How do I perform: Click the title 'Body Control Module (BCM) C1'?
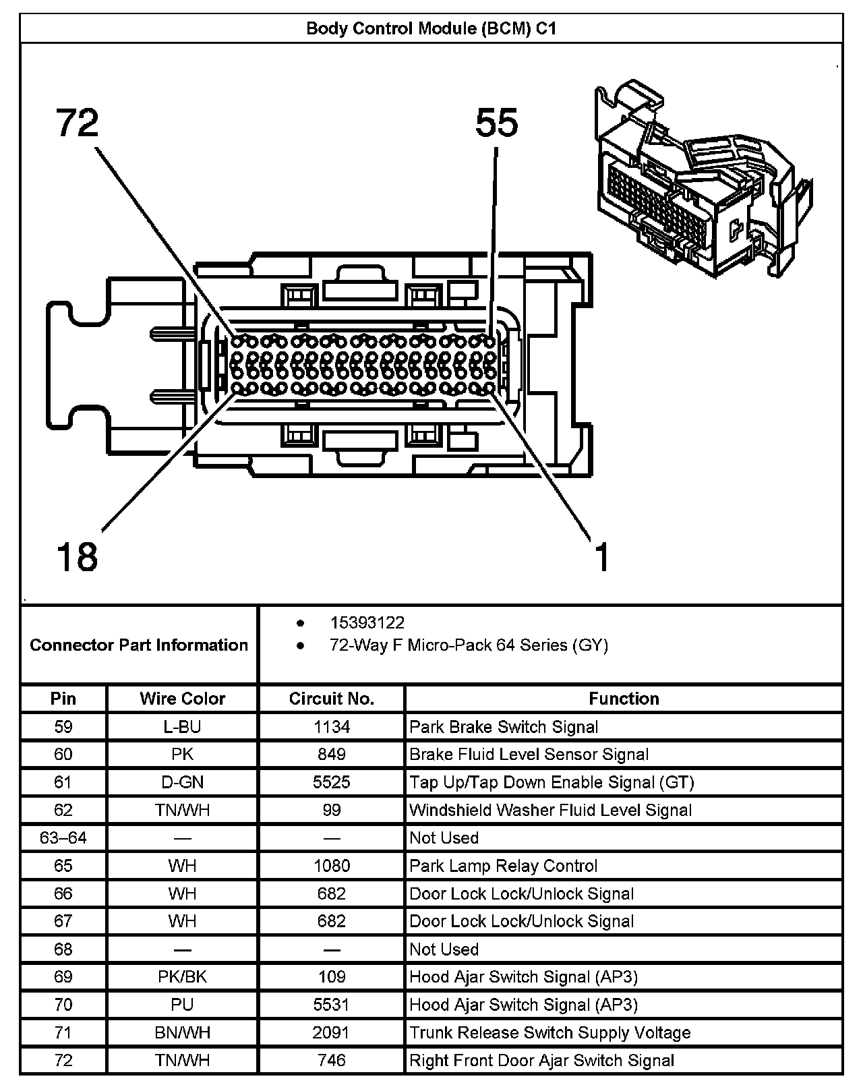coord(431,29)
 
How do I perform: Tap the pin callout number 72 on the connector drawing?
coord(77,123)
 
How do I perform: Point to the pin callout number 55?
coord(497,123)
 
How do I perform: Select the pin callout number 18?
coord(77,557)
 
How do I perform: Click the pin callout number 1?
coord(602,557)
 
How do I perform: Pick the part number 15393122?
coord(367,622)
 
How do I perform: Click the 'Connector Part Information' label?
coord(139,645)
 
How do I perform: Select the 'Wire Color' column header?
coord(182,699)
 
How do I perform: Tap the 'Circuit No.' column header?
coord(331,699)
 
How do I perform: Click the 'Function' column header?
coord(624,699)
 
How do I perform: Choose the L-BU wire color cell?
coord(182,727)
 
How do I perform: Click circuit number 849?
coord(331,755)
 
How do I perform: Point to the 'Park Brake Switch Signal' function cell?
coord(504,727)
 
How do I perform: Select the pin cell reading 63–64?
coord(63,838)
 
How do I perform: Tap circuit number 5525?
coord(331,782)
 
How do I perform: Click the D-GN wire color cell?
coord(182,782)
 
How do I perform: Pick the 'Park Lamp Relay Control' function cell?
coord(503,866)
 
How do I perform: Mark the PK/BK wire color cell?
coord(182,977)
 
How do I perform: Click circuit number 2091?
coord(331,1032)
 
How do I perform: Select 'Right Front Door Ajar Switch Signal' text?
coord(541,1061)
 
